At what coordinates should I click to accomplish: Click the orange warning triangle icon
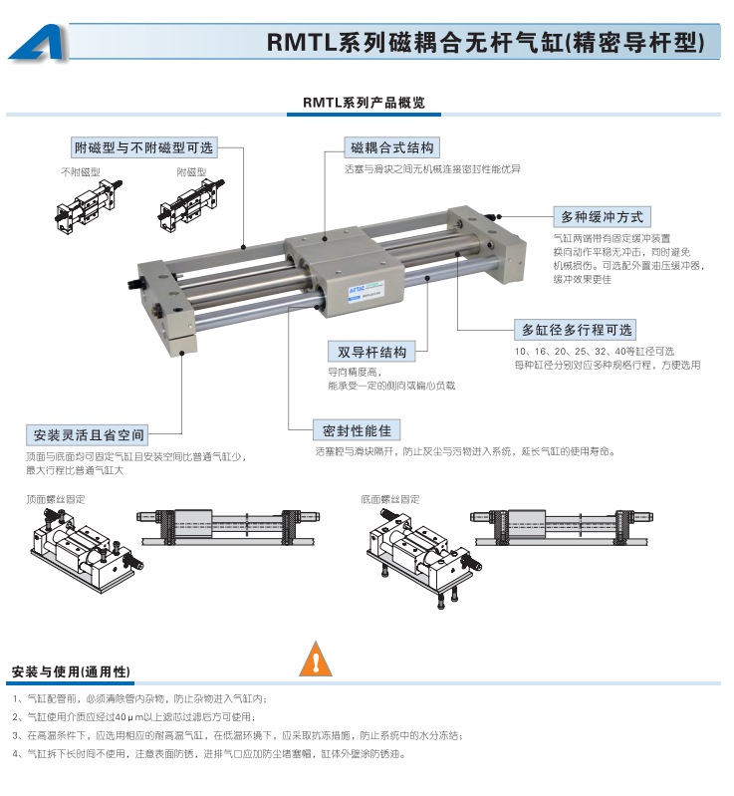pos(316,660)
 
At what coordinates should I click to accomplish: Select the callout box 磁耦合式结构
pos(391,147)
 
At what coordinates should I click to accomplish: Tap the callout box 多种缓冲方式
pos(602,217)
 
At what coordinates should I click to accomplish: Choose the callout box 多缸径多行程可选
pos(575,330)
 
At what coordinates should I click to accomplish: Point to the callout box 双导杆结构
pos(371,352)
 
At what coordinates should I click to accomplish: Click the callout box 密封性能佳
pos(357,430)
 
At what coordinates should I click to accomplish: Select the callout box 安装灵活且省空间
pos(88,435)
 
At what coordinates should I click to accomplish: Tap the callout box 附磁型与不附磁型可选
pos(144,147)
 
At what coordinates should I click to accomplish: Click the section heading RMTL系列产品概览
pos(364,103)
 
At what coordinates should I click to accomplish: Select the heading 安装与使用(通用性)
pos(71,671)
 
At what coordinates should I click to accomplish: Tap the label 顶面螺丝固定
pos(56,499)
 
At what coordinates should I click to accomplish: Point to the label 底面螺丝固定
pos(390,499)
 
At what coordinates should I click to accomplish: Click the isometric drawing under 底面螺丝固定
pos(424,558)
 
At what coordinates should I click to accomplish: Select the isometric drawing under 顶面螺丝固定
pos(88,550)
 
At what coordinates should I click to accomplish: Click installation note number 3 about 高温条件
pos(238,735)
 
